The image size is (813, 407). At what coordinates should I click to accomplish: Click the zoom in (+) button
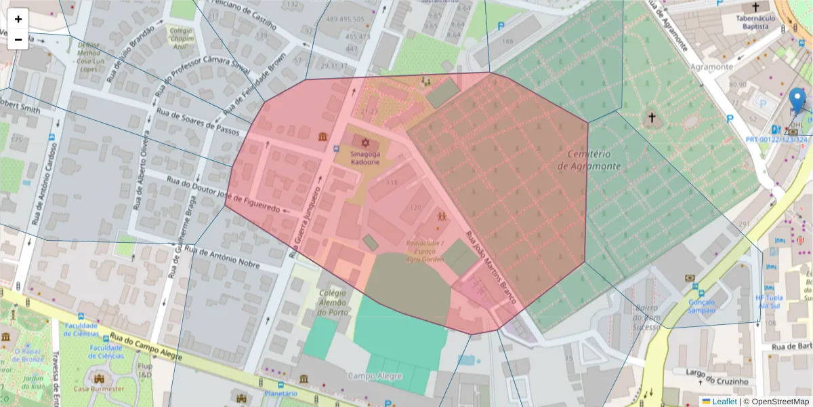pos(18,19)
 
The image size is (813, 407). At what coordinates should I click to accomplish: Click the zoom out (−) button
pos(18,39)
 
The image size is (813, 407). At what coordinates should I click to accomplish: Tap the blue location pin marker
pos(797,100)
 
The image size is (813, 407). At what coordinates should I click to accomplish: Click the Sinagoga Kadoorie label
pos(365,158)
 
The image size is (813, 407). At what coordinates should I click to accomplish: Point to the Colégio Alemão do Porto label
pos(333,303)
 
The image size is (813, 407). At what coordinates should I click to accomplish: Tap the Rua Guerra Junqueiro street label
pos(304,214)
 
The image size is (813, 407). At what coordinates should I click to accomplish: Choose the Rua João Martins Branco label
pos(491,267)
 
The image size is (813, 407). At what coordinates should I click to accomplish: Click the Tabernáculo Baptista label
pos(755,22)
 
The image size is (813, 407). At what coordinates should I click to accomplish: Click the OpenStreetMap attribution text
pos(776,402)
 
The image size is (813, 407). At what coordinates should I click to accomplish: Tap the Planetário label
pos(280,393)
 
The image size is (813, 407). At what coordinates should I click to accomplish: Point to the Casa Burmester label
pos(99,389)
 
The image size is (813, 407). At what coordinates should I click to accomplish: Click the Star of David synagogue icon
pos(366,143)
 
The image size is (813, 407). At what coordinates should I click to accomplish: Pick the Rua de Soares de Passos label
pos(199,121)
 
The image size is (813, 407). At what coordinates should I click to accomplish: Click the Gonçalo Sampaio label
pos(701,306)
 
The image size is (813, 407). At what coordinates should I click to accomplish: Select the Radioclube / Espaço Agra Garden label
pos(425,251)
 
